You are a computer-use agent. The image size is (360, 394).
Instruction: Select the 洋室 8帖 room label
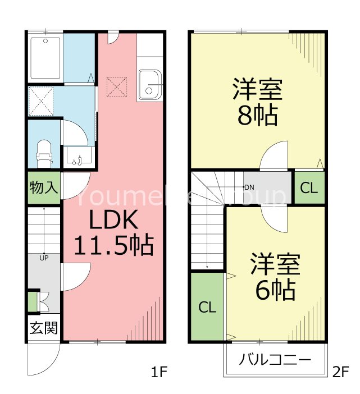pyautogui.click(x=257, y=101)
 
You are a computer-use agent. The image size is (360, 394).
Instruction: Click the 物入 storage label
pyautogui.click(x=43, y=187)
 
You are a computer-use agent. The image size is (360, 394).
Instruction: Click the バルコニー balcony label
pyautogui.click(x=275, y=360)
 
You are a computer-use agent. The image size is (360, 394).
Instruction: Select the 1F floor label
pyautogui.click(x=159, y=372)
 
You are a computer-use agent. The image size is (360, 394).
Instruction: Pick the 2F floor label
pyautogui.click(x=341, y=372)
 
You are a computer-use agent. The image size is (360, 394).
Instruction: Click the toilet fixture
pyautogui.click(x=44, y=153)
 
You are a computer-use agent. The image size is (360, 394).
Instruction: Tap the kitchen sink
pyautogui.click(x=149, y=85)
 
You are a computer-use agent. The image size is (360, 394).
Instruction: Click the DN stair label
pyautogui.click(x=249, y=187)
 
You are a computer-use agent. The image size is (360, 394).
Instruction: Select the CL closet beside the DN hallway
pyautogui.click(x=308, y=188)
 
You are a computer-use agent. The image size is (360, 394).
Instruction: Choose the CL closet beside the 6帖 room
pyautogui.click(x=207, y=307)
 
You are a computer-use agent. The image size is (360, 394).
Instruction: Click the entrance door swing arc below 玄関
pyautogui.click(x=44, y=360)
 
